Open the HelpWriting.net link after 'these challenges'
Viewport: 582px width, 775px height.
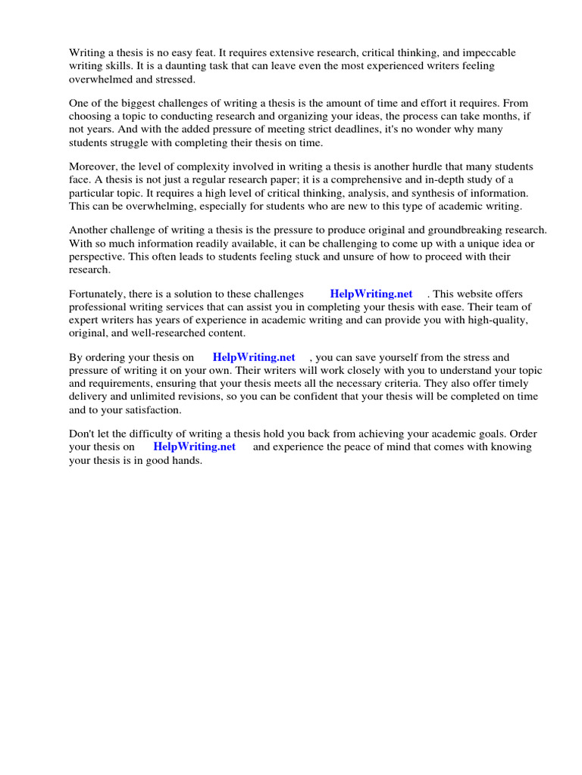[x=371, y=294]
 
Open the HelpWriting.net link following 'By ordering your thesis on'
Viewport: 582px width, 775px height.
[x=253, y=357]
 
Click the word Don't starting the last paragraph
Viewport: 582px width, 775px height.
[x=82, y=434]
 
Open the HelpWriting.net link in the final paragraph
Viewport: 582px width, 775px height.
[x=194, y=447]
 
